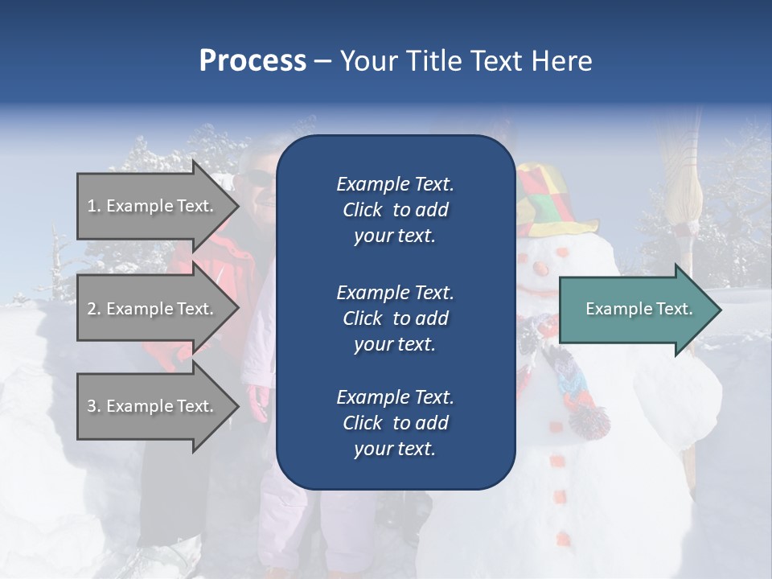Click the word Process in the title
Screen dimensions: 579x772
(x=253, y=61)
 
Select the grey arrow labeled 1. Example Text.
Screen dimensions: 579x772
(x=153, y=206)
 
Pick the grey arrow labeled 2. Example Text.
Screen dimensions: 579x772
(x=153, y=309)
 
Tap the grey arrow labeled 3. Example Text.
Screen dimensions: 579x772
(x=153, y=406)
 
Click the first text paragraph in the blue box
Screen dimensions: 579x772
(x=395, y=210)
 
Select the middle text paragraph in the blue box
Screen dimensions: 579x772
(x=395, y=318)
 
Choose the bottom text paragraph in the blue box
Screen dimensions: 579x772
(x=395, y=423)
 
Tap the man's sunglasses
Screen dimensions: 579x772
(x=260, y=177)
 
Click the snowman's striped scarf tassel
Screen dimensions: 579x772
(x=589, y=419)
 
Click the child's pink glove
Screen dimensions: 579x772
(x=259, y=402)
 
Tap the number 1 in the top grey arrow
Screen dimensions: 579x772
(x=92, y=206)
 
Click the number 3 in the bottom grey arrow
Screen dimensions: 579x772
(x=92, y=406)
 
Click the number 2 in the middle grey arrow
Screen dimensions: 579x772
(x=92, y=309)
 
